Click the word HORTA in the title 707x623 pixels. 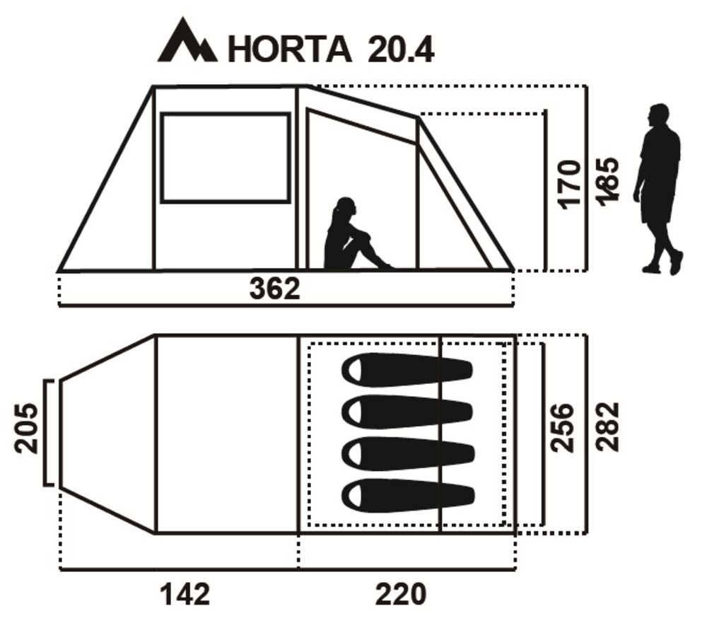(x=290, y=49)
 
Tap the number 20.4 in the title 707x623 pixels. (x=401, y=49)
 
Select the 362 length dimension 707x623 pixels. (x=274, y=289)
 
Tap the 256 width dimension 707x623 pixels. (x=563, y=428)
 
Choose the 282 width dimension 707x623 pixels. (x=608, y=426)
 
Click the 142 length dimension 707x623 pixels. (x=185, y=594)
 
